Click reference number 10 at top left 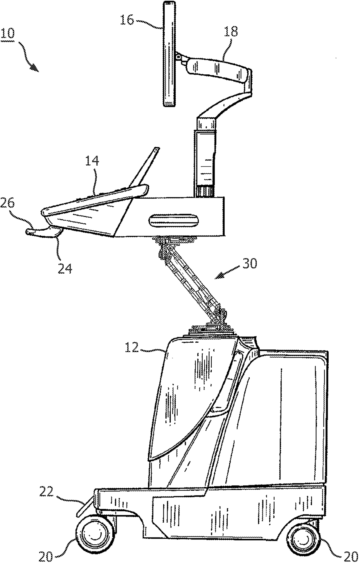pyautogui.click(x=8, y=34)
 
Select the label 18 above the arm pyautogui.click(x=231, y=31)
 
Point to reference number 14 pyautogui.click(x=92, y=161)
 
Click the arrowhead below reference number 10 pyautogui.click(x=35, y=67)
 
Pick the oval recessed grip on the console pyautogui.click(x=174, y=221)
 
